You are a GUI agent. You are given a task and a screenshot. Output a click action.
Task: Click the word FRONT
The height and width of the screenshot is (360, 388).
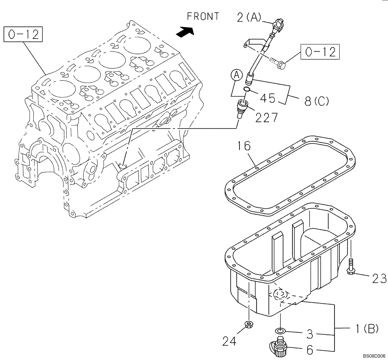203,16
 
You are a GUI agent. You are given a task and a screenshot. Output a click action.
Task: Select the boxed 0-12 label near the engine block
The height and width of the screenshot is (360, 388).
23,35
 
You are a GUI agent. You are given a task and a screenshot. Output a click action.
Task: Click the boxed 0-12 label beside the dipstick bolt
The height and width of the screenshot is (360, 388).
320,52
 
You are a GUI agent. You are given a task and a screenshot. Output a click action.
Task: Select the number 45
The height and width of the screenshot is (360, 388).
267,98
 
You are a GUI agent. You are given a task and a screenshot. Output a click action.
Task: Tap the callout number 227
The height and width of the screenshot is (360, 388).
267,117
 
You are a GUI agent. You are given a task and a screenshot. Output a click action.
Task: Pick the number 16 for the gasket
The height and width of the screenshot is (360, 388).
244,146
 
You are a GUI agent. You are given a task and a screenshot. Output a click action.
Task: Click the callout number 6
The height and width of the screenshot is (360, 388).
309,350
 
